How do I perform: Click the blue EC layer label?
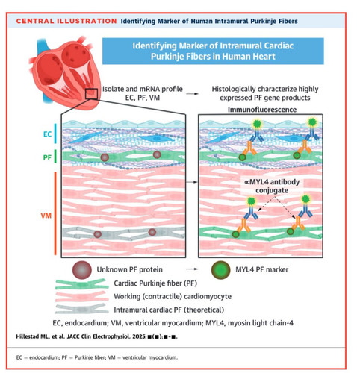(47, 134)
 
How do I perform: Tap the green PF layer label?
(47, 157)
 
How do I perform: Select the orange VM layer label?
(46, 216)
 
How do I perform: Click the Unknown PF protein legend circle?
(82, 270)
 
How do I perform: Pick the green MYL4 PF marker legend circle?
(220, 270)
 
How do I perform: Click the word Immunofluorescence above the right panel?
(262, 110)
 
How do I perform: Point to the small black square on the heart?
(91, 94)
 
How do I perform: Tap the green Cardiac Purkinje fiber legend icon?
(82, 284)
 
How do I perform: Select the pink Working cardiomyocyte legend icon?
(82, 296)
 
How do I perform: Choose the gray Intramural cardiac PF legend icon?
(82, 309)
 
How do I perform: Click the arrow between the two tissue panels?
(192, 182)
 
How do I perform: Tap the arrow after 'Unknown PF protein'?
(192, 269)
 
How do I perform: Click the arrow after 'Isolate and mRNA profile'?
(193, 94)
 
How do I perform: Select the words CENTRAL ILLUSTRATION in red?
(66, 21)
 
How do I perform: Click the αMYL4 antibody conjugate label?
(272, 186)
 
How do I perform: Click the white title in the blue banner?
(213, 51)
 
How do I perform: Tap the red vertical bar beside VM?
(55, 213)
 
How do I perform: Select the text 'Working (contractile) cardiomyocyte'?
(173, 296)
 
